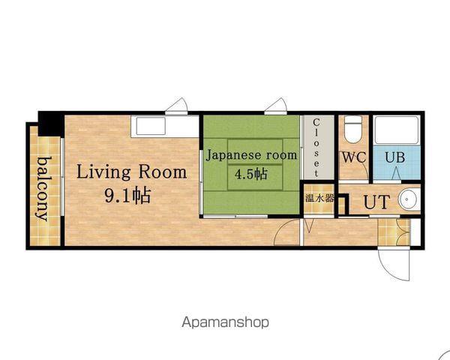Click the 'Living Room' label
(x=132, y=172)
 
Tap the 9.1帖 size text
(x=127, y=196)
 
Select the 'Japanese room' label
(x=251, y=155)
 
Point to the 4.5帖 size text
(x=251, y=174)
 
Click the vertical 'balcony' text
(x=43, y=189)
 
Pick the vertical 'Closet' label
(x=316, y=147)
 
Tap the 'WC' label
(x=354, y=157)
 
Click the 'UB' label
(x=395, y=157)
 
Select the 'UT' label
(x=376, y=202)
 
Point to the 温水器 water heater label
(x=319, y=198)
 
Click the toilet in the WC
(x=353, y=129)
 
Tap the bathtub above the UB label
(x=397, y=130)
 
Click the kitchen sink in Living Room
(x=151, y=126)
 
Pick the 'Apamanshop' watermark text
(x=225, y=322)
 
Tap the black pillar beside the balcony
(x=51, y=124)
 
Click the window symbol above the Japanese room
(x=275, y=106)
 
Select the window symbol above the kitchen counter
(x=176, y=106)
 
